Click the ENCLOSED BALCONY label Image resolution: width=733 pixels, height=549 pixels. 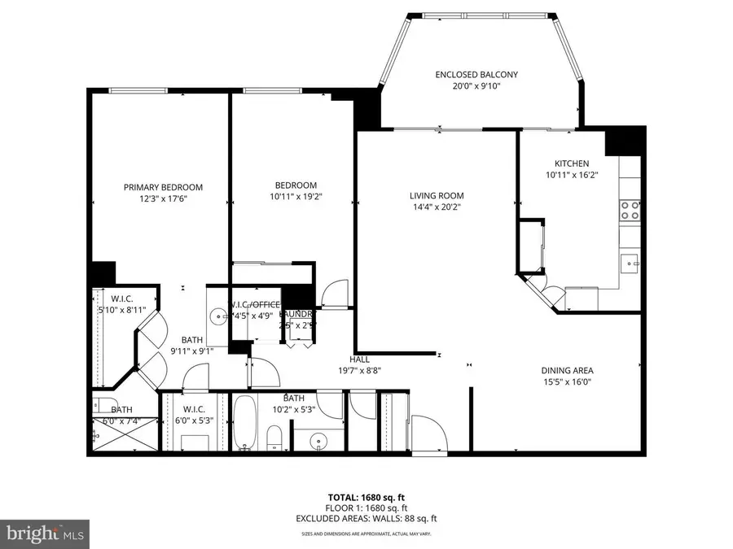click(x=476, y=75)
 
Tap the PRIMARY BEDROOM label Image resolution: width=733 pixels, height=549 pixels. click(x=163, y=187)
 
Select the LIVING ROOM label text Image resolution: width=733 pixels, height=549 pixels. click(x=437, y=195)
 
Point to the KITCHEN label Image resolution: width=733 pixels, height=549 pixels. click(x=572, y=163)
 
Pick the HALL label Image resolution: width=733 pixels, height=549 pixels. click(x=360, y=359)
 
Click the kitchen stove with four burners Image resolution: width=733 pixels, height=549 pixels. click(x=630, y=211)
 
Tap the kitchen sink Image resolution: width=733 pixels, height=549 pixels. click(x=630, y=262)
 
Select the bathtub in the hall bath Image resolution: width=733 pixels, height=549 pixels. click(x=244, y=423)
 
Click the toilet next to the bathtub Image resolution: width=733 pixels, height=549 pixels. click(x=274, y=440)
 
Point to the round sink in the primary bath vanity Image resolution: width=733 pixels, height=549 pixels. click(x=218, y=316)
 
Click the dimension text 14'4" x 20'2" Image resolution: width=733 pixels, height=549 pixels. click(x=436, y=207)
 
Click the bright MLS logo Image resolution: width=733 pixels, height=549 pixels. click(x=46, y=533)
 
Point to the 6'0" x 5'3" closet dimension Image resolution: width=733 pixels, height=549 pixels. click(x=193, y=420)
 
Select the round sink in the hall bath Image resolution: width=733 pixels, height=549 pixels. click(x=318, y=440)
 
